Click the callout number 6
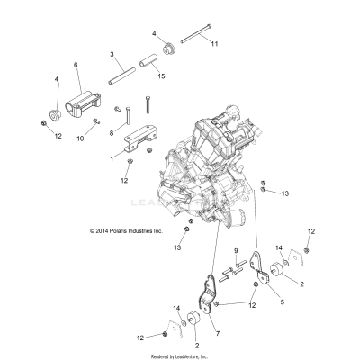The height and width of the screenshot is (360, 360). coord(76,65)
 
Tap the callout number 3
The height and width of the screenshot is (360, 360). coord(111,56)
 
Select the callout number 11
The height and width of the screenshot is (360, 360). coord(214,42)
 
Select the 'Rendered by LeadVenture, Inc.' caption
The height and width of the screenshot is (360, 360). coord(179,355)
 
